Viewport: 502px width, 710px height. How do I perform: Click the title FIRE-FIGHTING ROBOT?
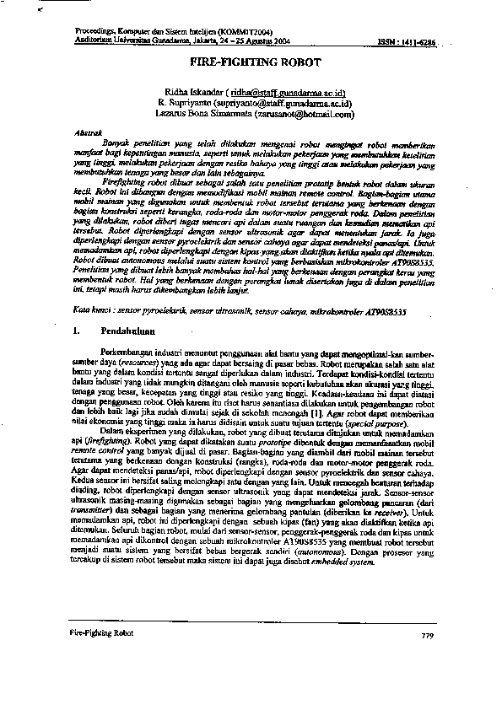pos(251,63)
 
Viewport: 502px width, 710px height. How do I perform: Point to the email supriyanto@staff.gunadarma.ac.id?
pos(294,101)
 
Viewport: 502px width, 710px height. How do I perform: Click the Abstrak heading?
pos(89,133)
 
